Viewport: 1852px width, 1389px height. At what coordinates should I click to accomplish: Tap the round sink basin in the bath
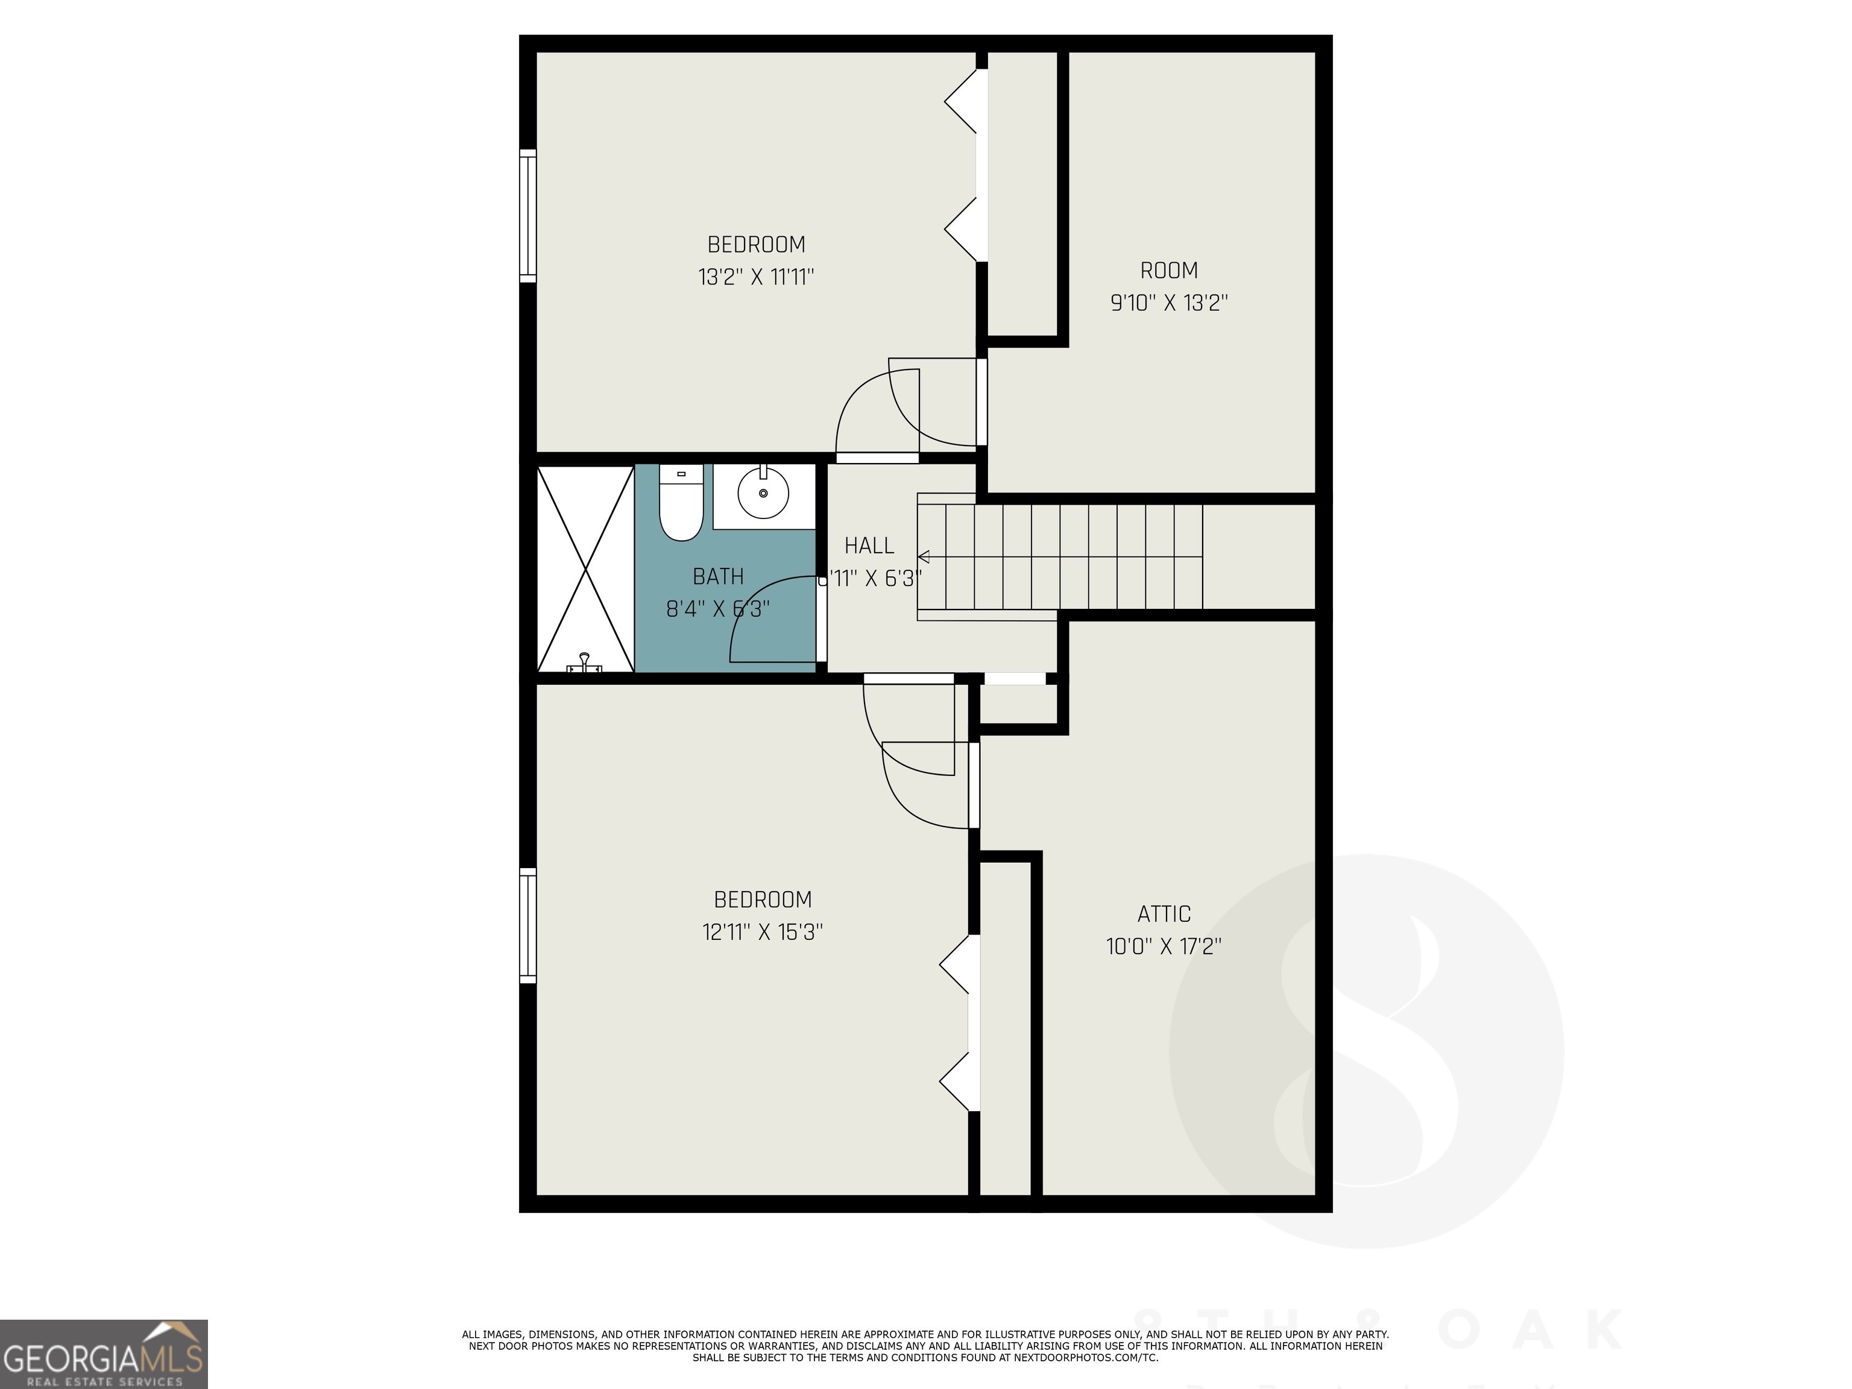tap(763, 493)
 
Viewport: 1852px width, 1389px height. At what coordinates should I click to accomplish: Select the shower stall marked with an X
tap(584, 569)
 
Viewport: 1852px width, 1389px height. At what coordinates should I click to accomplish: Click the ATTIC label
tap(1164, 915)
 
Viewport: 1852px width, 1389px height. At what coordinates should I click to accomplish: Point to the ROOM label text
tap(1169, 271)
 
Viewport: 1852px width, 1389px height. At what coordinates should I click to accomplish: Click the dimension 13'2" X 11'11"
tap(756, 277)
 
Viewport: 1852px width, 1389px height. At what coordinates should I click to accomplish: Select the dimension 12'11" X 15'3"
tap(763, 932)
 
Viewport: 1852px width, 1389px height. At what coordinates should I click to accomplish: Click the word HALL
tap(869, 546)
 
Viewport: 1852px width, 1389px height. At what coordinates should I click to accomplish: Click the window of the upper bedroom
tap(528, 216)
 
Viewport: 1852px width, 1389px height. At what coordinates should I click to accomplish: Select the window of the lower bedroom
tap(528, 925)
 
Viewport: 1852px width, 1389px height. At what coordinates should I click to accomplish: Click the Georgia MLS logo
tap(104, 1354)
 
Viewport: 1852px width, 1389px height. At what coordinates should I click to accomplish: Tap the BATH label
tap(719, 577)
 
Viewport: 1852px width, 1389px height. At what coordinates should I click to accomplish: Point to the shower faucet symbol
tap(584, 663)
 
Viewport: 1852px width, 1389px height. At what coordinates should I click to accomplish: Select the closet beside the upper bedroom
tap(1022, 192)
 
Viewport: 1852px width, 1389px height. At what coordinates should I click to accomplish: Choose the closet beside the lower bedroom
tap(1006, 1030)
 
